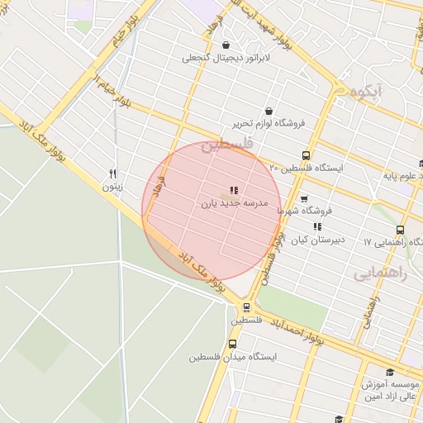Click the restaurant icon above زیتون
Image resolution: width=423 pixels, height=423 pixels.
(x=113, y=173)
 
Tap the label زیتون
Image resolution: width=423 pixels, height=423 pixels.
(x=112, y=187)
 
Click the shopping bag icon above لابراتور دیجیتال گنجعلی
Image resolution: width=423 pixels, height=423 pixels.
(x=226, y=45)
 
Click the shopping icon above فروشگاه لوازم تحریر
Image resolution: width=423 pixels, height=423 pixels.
(x=269, y=112)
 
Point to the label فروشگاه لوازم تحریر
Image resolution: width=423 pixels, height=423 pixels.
(x=269, y=124)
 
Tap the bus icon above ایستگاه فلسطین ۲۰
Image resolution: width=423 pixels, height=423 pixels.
(x=307, y=155)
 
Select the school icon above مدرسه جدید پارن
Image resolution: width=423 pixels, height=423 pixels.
(x=234, y=190)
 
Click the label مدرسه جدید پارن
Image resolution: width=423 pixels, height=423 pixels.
(x=234, y=202)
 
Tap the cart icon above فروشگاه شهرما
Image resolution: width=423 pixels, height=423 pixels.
(x=303, y=199)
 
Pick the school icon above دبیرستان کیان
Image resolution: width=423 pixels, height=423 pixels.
(x=316, y=226)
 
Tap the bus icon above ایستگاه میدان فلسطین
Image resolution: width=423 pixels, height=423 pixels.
(x=232, y=345)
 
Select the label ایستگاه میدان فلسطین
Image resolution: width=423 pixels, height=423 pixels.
(x=232, y=358)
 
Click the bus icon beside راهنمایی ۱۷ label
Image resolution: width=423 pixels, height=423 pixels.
(x=401, y=231)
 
